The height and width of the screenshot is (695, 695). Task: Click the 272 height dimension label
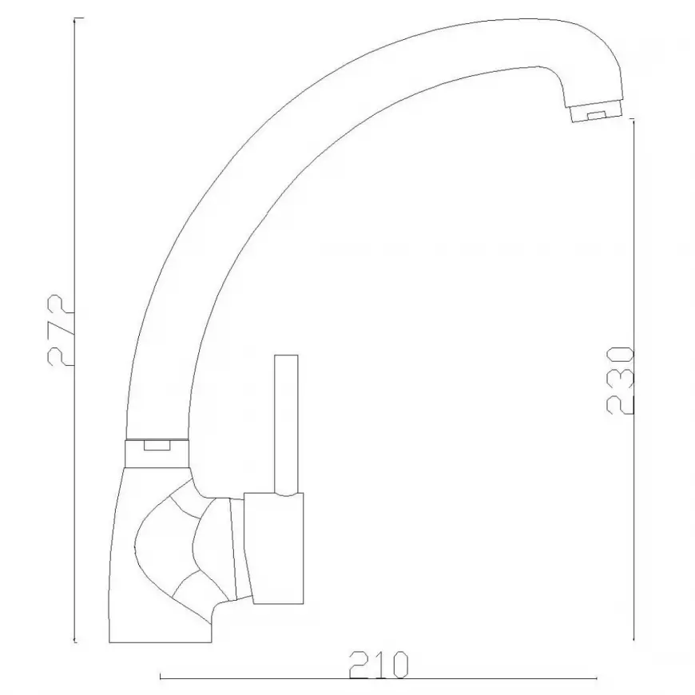[59, 330]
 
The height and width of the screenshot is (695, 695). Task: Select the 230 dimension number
[621, 381]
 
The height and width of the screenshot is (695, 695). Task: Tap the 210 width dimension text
[379, 665]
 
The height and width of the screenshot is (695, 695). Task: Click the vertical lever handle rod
[286, 424]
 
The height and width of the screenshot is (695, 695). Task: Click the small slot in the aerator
[597, 115]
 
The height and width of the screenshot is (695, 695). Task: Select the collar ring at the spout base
[157, 452]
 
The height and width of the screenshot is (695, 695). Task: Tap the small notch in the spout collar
[157, 445]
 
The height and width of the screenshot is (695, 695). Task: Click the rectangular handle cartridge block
[273, 548]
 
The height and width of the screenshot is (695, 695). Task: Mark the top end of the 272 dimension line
[74, 18]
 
